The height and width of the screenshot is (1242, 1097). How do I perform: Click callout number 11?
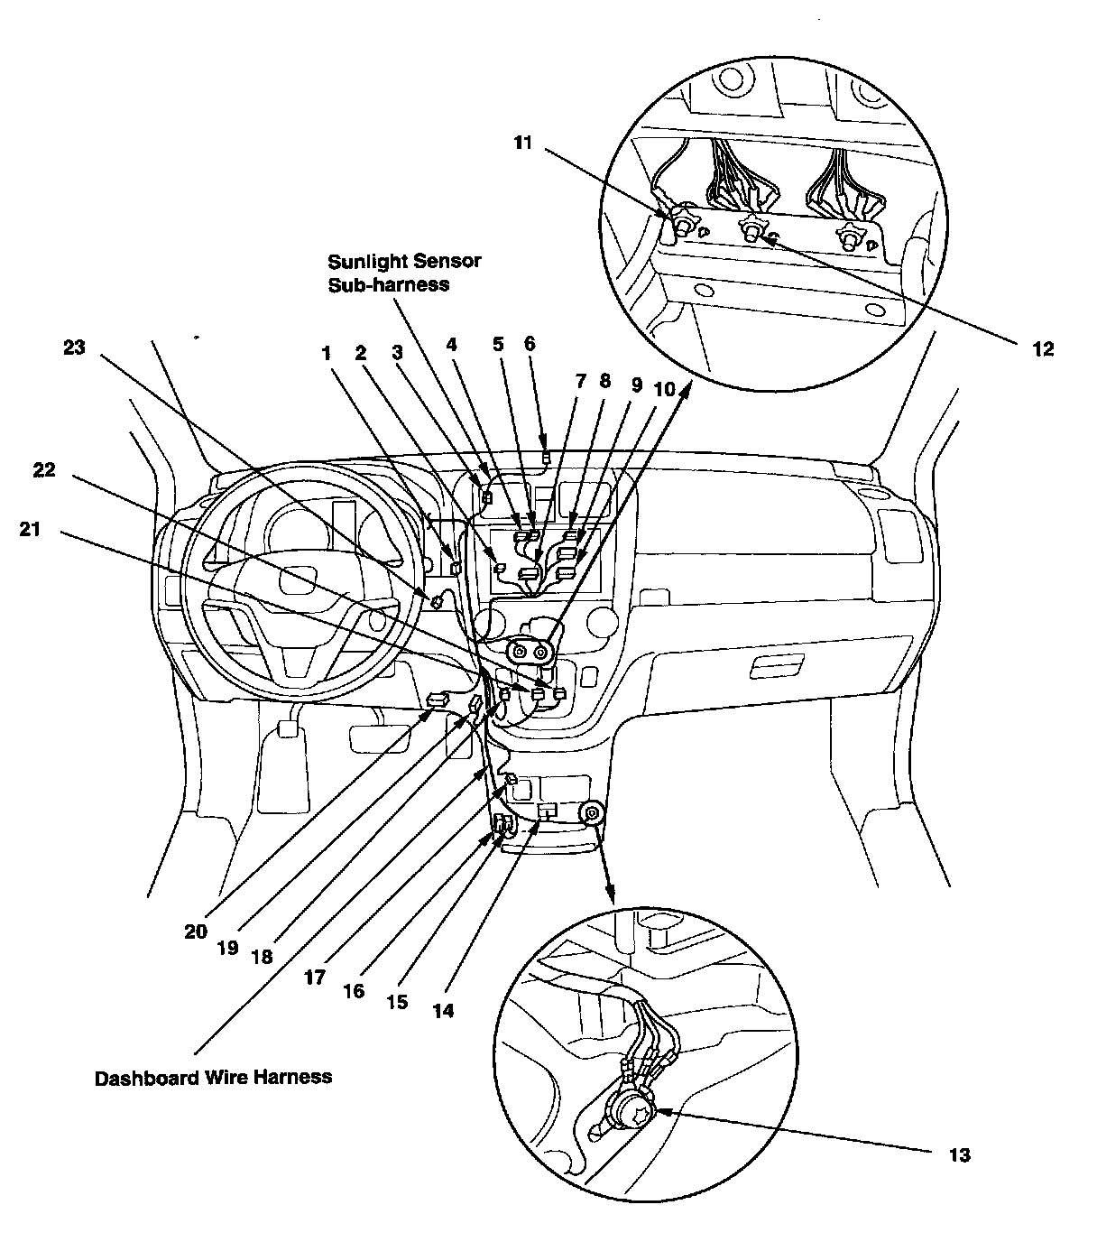tap(523, 143)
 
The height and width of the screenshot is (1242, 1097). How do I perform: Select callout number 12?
tap(1042, 349)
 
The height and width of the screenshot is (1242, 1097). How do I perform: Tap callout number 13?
tap(959, 1154)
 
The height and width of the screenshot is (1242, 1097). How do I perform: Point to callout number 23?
tap(73, 346)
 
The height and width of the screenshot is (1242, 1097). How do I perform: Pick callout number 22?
tap(43, 470)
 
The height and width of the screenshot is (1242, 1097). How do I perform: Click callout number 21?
tap(30, 530)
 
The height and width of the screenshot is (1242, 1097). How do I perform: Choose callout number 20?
tap(197, 931)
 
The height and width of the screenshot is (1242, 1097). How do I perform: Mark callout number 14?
tap(442, 1011)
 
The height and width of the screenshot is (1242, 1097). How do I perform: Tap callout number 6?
tap(530, 344)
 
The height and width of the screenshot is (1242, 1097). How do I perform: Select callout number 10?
tap(664, 389)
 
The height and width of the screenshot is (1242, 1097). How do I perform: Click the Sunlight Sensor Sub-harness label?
tap(404, 272)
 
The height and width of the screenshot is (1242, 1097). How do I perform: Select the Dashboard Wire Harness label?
tap(213, 1077)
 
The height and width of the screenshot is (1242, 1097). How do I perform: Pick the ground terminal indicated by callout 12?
tap(749, 231)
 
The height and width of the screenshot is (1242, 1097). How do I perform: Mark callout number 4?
tap(451, 344)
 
